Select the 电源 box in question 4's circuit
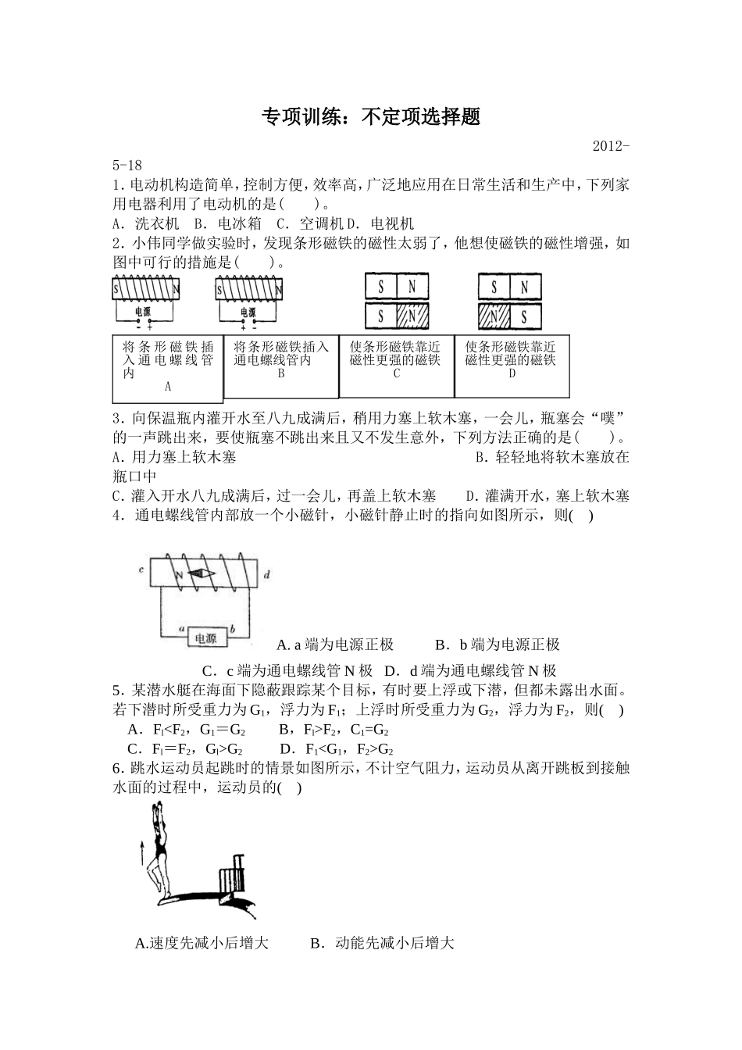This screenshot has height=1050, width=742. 206,637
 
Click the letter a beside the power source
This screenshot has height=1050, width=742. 181,627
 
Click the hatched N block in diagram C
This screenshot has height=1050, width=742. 412,317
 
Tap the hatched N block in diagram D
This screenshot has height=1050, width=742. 494,317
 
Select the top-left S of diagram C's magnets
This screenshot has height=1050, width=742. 381,287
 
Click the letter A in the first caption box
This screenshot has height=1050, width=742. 168,386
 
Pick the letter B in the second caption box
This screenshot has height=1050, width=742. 281,373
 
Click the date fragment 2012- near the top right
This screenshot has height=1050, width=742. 611,146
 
